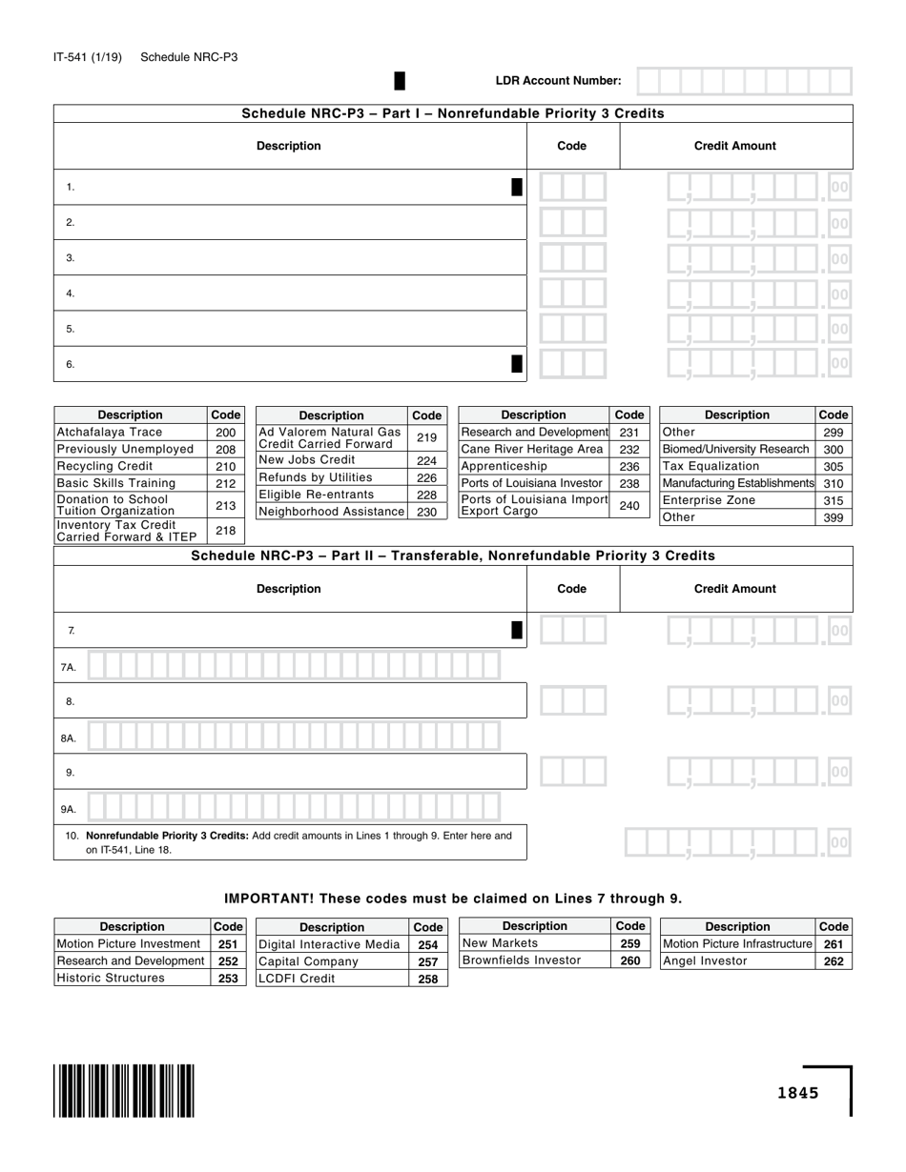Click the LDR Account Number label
coord(558,81)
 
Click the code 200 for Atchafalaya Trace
coord(225,433)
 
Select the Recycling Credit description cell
coord(131,466)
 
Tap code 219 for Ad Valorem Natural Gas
coord(426,438)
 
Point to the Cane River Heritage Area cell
coord(533,449)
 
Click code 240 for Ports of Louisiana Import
coord(629,505)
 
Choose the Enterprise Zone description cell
coord(737,500)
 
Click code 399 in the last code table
coord(833,517)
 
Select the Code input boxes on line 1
coord(572,188)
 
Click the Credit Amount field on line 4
coord(757,293)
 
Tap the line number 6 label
coord(71,364)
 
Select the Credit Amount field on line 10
coord(736,842)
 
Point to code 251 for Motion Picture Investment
coord(228,944)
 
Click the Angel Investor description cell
coord(737,960)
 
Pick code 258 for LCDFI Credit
coord(428,979)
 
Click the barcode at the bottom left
coord(125,1090)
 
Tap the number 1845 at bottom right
coord(797,1093)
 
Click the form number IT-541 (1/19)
coord(88,57)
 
